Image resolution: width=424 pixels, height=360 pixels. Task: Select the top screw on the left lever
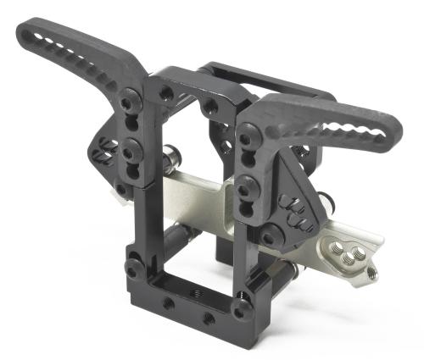(x=127, y=103)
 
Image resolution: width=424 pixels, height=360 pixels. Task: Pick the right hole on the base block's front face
(x=206, y=319)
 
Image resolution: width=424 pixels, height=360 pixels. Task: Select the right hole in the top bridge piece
(x=209, y=106)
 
